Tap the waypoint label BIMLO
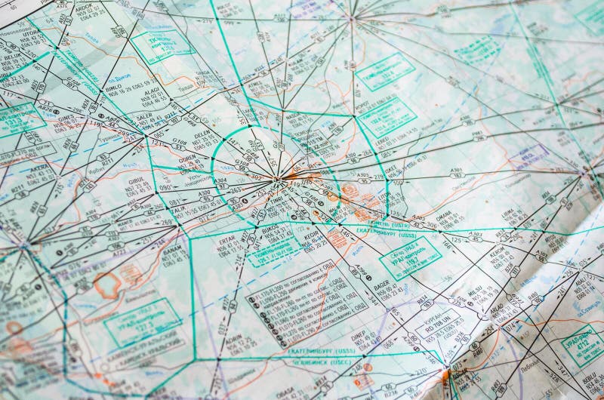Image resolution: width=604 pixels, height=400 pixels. click(115, 88)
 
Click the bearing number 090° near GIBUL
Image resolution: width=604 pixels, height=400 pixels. click(165, 187)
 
